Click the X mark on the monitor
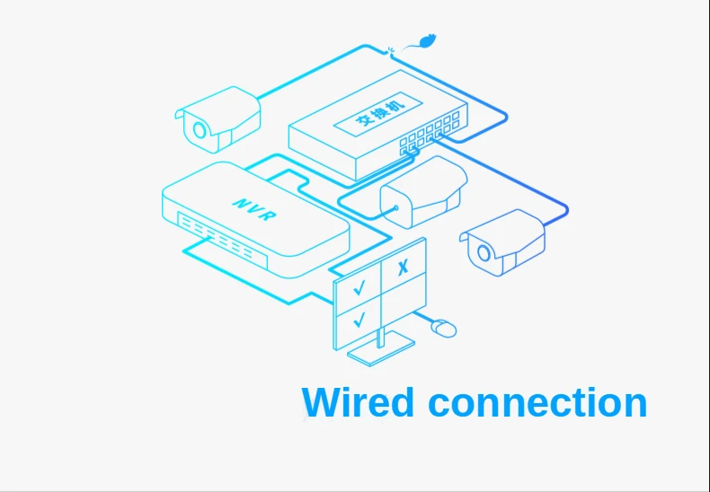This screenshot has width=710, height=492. (x=403, y=266)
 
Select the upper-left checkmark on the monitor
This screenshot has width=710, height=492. (x=359, y=287)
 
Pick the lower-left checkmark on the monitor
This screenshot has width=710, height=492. (x=359, y=318)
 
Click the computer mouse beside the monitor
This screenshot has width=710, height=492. (x=444, y=329)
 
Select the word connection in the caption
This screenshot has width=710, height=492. (x=537, y=401)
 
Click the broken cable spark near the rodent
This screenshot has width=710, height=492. (x=392, y=50)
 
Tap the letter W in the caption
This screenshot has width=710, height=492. (x=323, y=401)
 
